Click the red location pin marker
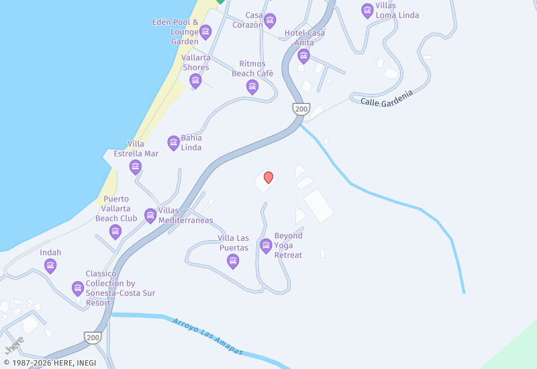pyautogui.click(x=268, y=177)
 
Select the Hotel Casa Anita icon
pyautogui.click(x=304, y=55)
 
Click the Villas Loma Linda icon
pyautogui.click(x=367, y=10)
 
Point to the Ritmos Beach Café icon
pyautogui.click(x=252, y=86)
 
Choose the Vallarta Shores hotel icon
pyautogui.click(x=195, y=81)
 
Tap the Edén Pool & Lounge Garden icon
pyautogui.click(x=205, y=32)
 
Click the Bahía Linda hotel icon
pyautogui.click(x=173, y=142)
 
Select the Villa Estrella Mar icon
pyautogui.click(x=136, y=166)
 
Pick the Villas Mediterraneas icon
pyautogui.click(x=150, y=215)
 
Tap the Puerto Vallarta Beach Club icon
pyautogui.click(x=115, y=232)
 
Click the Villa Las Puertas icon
pyautogui.click(x=233, y=260)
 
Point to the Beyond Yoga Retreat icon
pyautogui.click(x=266, y=246)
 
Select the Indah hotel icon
pyautogui.click(x=50, y=266)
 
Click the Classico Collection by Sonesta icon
pyautogui.click(x=78, y=288)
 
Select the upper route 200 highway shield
pyautogui.click(x=299, y=109)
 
